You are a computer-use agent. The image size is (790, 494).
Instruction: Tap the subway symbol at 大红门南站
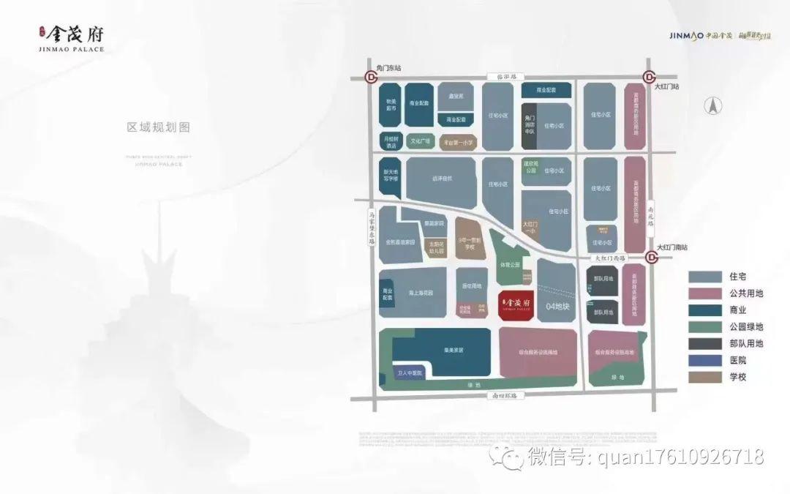(650, 257)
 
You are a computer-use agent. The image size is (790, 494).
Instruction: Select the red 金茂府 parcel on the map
(519, 304)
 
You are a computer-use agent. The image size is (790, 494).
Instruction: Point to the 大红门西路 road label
(609, 258)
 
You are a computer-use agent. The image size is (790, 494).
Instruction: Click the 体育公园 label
(510, 264)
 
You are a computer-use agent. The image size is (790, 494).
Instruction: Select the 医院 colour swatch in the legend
(703, 361)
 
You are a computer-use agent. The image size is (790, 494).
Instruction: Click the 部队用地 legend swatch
(703, 344)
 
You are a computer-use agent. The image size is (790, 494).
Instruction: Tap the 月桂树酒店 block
(390, 141)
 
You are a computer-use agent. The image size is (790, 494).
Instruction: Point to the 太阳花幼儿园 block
(437, 247)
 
